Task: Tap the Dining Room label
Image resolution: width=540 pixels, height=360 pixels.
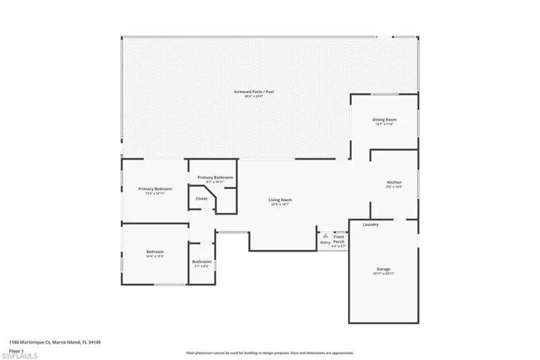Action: [385, 119]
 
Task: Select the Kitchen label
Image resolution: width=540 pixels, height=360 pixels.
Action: [394, 182]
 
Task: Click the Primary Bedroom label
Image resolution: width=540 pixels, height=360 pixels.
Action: [154, 188]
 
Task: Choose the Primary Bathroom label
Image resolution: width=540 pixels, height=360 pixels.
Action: [215, 177]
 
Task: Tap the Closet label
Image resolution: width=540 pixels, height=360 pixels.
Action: [201, 198]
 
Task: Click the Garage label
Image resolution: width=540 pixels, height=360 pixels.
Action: [383, 268]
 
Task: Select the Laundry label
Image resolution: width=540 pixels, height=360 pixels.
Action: [370, 224]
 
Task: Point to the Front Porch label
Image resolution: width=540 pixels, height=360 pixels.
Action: [339, 239]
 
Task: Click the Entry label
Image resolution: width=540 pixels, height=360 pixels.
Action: [325, 242]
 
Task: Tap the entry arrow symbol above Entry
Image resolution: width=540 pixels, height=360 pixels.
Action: [325, 235]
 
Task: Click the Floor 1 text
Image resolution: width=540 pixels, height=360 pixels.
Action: [16, 350]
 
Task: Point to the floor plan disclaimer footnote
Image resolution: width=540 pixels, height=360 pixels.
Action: [270, 352]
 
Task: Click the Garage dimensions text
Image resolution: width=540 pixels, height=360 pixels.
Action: [383, 274]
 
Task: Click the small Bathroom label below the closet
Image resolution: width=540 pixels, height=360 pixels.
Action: [202, 262]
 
